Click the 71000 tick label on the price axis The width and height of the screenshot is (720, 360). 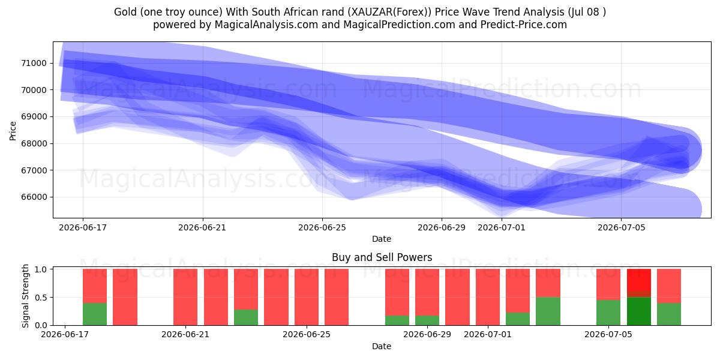click(x=34, y=63)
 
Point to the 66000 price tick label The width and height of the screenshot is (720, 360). click(x=34, y=197)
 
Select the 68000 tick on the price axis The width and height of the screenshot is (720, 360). click(x=34, y=143)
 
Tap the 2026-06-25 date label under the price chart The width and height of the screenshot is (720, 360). click(x=322, y=227)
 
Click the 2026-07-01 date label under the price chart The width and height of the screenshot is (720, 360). click(x=502, y=227)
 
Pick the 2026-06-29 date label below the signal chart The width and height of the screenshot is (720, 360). click(x=427, y=334)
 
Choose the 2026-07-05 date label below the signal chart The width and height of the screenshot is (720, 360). click(x=608, y=334)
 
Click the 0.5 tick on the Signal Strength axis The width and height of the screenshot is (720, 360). click(x=41, y=298)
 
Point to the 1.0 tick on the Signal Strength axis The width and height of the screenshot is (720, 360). click(x=41, y=269)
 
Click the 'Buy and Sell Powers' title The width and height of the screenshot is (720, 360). click(x=382, y=257)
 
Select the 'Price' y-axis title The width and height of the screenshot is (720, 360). click(x=13, y=131)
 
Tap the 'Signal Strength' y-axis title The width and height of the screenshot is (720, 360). click(x=25, y=296)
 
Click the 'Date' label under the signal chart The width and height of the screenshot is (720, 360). click(x=382, y=346)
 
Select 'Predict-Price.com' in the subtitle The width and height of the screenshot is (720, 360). click(x=524, y=25)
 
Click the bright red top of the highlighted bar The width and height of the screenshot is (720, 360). click(x=639, y=280)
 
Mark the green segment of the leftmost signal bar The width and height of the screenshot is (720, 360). click(x=95, y=314)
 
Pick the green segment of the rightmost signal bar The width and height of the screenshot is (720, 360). click(x=669, y=314)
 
